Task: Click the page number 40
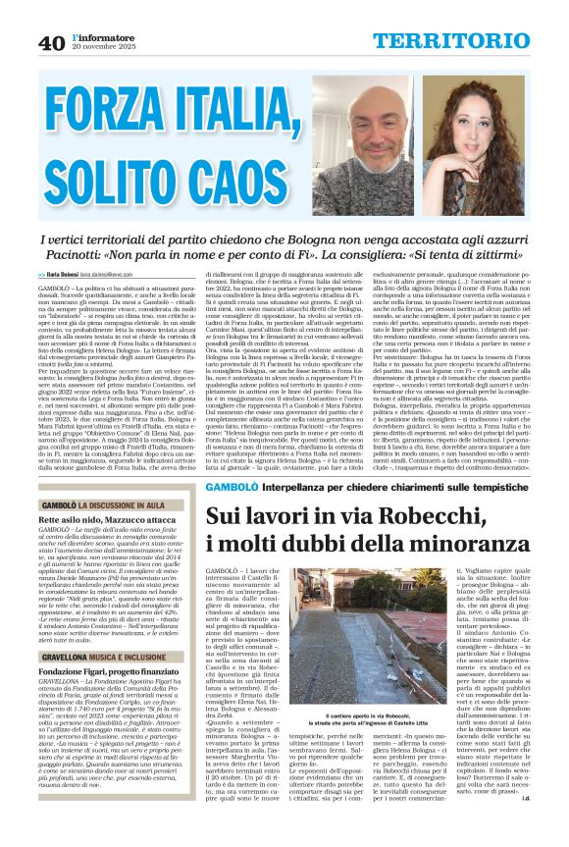point(52,41)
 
